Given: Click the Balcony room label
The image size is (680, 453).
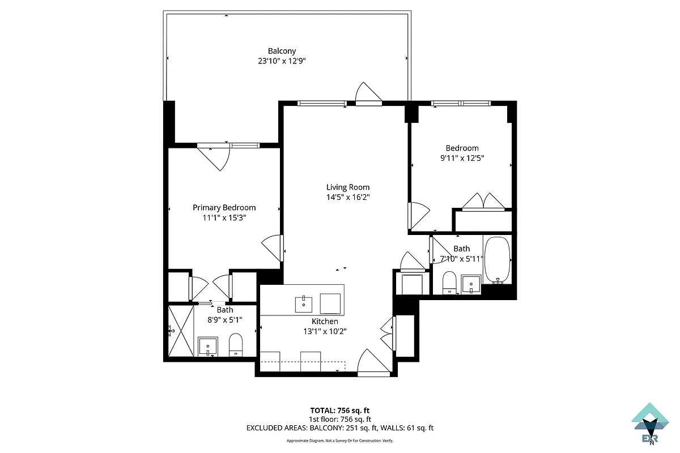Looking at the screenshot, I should tap(282, 51).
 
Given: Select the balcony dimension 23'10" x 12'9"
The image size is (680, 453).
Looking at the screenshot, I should tap(282, 61).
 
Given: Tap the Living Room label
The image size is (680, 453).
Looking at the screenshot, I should tap(347, 187).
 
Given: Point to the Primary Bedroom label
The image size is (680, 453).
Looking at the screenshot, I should tap(224, 208).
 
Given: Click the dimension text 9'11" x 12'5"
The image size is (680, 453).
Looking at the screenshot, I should tap(462, 159).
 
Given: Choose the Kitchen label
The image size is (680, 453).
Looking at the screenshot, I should tap(325, 321).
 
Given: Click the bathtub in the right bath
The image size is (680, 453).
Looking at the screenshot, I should tap(498, 261).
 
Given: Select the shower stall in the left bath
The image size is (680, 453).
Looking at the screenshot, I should tap(181, 331).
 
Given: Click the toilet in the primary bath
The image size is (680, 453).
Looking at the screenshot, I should tap(236, 344).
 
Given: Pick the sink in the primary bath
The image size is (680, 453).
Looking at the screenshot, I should tap(208, 346).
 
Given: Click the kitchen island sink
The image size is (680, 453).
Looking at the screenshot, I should tap(304, 304).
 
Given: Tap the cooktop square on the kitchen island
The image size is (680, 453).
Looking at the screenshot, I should tap(330, 303).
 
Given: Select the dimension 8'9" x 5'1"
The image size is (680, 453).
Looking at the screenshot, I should tap(225, 320).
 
